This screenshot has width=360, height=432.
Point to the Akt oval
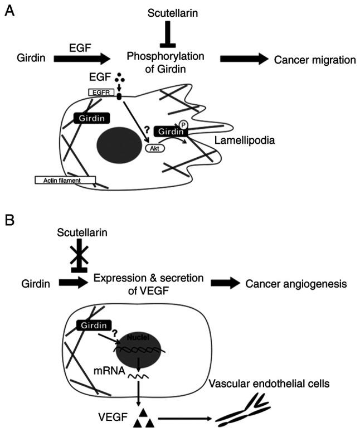[x=155, y=149]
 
